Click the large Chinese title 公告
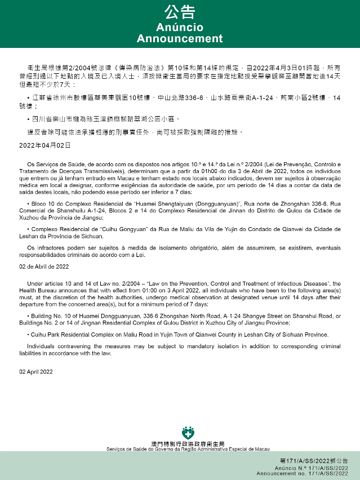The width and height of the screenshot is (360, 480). click(180, 12)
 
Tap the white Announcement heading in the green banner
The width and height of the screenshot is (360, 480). click(180, 39)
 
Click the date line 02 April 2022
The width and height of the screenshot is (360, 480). click(35, 372)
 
